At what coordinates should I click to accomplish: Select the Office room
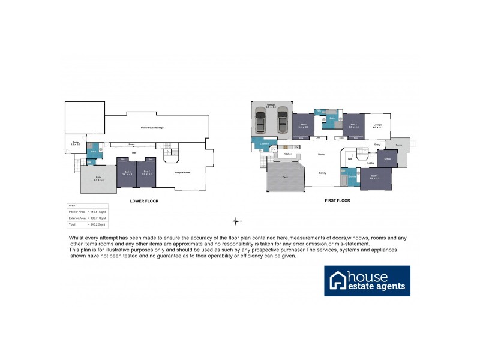388,158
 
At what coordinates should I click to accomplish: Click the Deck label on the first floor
285,178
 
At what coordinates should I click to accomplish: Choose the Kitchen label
287,154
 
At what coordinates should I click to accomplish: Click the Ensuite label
352,177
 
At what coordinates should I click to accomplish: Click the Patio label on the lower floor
98,178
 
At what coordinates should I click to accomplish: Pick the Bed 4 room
127,173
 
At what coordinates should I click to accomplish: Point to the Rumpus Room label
182,173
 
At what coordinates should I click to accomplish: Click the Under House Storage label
152,128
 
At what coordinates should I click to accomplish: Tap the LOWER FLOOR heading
144,201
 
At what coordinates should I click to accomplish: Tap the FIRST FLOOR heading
337,201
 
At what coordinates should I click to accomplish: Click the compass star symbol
237,221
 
